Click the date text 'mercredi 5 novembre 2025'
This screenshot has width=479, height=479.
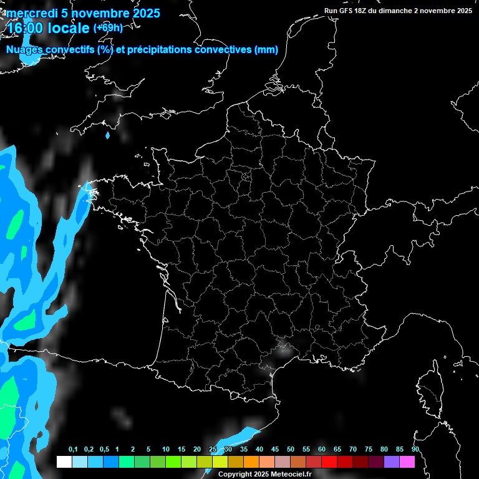pos(83,13)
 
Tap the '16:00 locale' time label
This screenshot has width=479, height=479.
pos(48,29)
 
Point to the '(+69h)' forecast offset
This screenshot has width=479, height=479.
pos(108,28)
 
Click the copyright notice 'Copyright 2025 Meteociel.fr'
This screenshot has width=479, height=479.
pos(264,474)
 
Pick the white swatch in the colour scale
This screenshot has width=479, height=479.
pos(64,462)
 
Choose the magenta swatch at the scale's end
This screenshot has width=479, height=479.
pos(407,462)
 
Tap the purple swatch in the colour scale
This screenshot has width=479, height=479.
pos(392,462)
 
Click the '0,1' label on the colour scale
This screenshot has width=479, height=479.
pos(73,450)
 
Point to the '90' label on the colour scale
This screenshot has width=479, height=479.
pos(415,450)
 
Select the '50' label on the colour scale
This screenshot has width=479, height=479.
pos(291,450)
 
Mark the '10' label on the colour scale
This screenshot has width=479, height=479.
pos(166,450)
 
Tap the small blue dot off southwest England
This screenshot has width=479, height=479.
pos(108,135)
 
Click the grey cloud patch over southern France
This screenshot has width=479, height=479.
pos(287,349)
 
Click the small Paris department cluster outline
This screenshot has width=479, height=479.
pos(246,177)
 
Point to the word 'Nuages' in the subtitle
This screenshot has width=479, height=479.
pos(23,50)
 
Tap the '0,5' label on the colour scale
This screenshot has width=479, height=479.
pos(104,450)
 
